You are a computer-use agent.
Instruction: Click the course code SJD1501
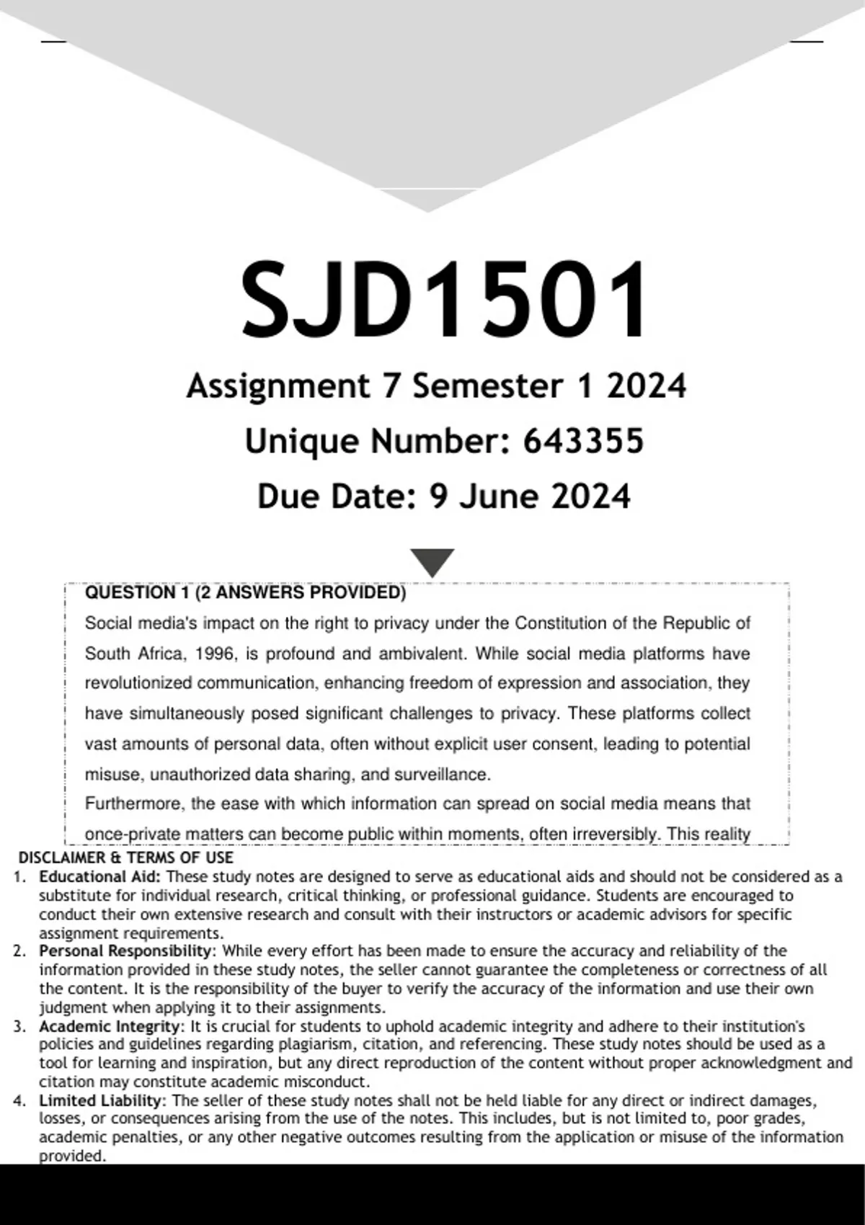point(444,300)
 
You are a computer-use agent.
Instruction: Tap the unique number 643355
point(583,441)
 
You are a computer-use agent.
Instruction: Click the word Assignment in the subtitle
point(278,386)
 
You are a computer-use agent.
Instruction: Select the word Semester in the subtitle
point(487,386)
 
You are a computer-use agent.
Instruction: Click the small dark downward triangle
point(432,561)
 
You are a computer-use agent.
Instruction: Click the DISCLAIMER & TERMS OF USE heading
point(125,857)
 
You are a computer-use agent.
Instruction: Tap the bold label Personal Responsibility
point(125,951)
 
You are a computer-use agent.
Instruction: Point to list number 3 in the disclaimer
point(19,1026)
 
